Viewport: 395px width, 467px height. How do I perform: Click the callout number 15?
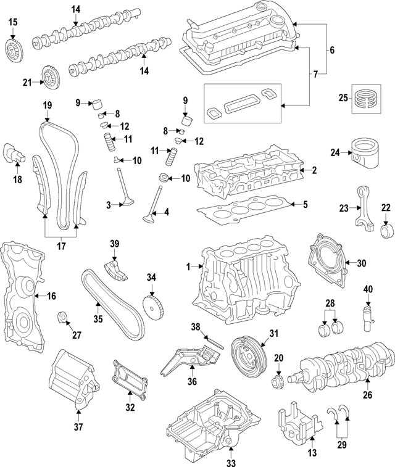pyautogui.click(x=13, y=23)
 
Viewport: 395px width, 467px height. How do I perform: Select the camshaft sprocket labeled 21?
pyautogui.click(x=49, y=77)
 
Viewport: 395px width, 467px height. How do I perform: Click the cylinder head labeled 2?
pyautogui.click(x=247, y=171)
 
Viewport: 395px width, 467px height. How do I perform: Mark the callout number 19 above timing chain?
pyautogui.click(x=46, y=105)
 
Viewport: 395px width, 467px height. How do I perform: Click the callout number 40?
pyautogui.click(x=368, y=289)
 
